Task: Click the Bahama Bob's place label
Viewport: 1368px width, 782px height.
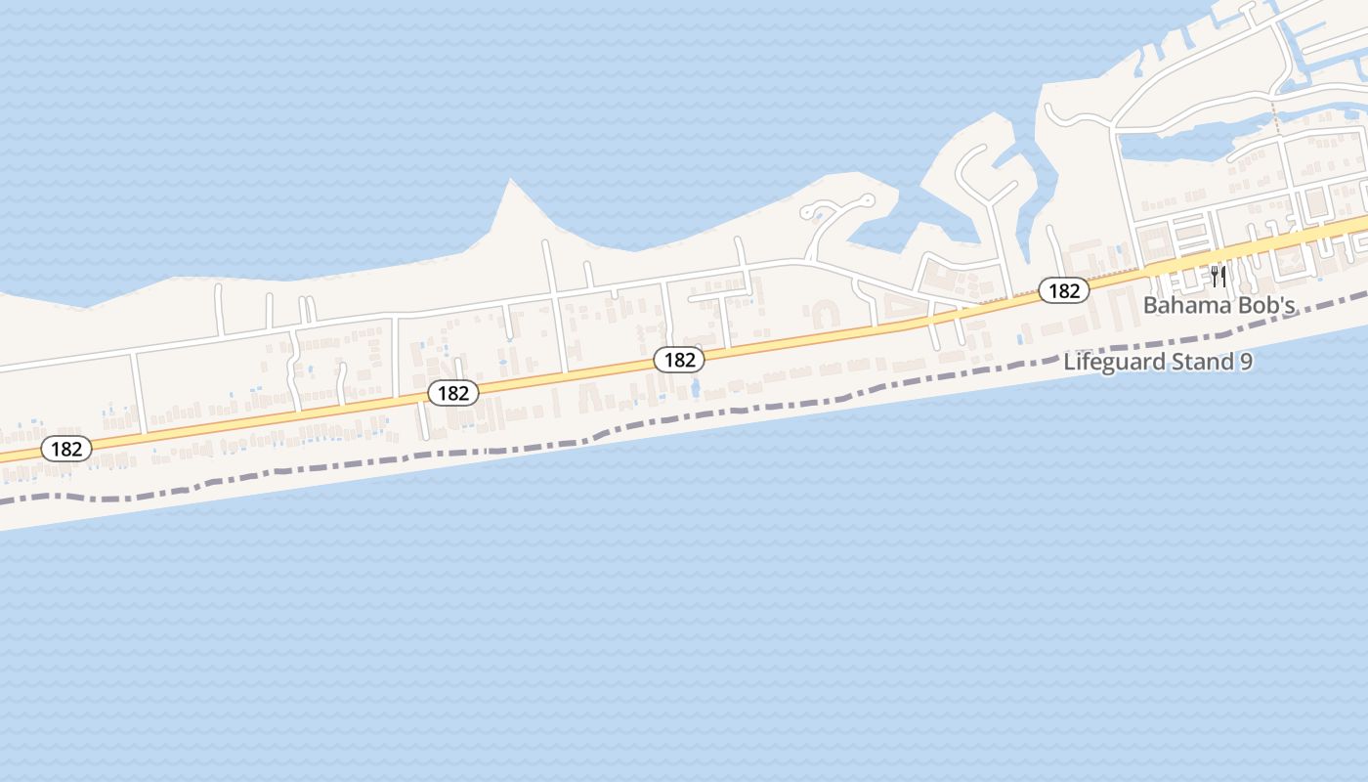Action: point(1218,305)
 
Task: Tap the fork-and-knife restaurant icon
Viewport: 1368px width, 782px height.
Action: point(1218,276)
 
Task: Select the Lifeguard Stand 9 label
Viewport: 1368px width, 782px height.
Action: point(1158,362)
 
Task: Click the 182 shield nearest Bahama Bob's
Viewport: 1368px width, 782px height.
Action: point(1063,290)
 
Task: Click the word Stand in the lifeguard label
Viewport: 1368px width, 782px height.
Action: point(1204,362)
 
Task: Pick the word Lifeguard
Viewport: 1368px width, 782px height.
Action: point(1115,362)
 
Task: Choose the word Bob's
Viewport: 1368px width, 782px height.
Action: point(1267,305)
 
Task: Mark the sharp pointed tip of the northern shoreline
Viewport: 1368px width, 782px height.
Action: point(510,181)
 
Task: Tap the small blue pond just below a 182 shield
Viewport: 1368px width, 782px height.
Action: point(695,388)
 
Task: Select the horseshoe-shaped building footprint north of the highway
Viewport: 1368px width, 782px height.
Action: point(825,314)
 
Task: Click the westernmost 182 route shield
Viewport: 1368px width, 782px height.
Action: point(66,449)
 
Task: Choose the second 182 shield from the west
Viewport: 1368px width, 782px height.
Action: point(452,393)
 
